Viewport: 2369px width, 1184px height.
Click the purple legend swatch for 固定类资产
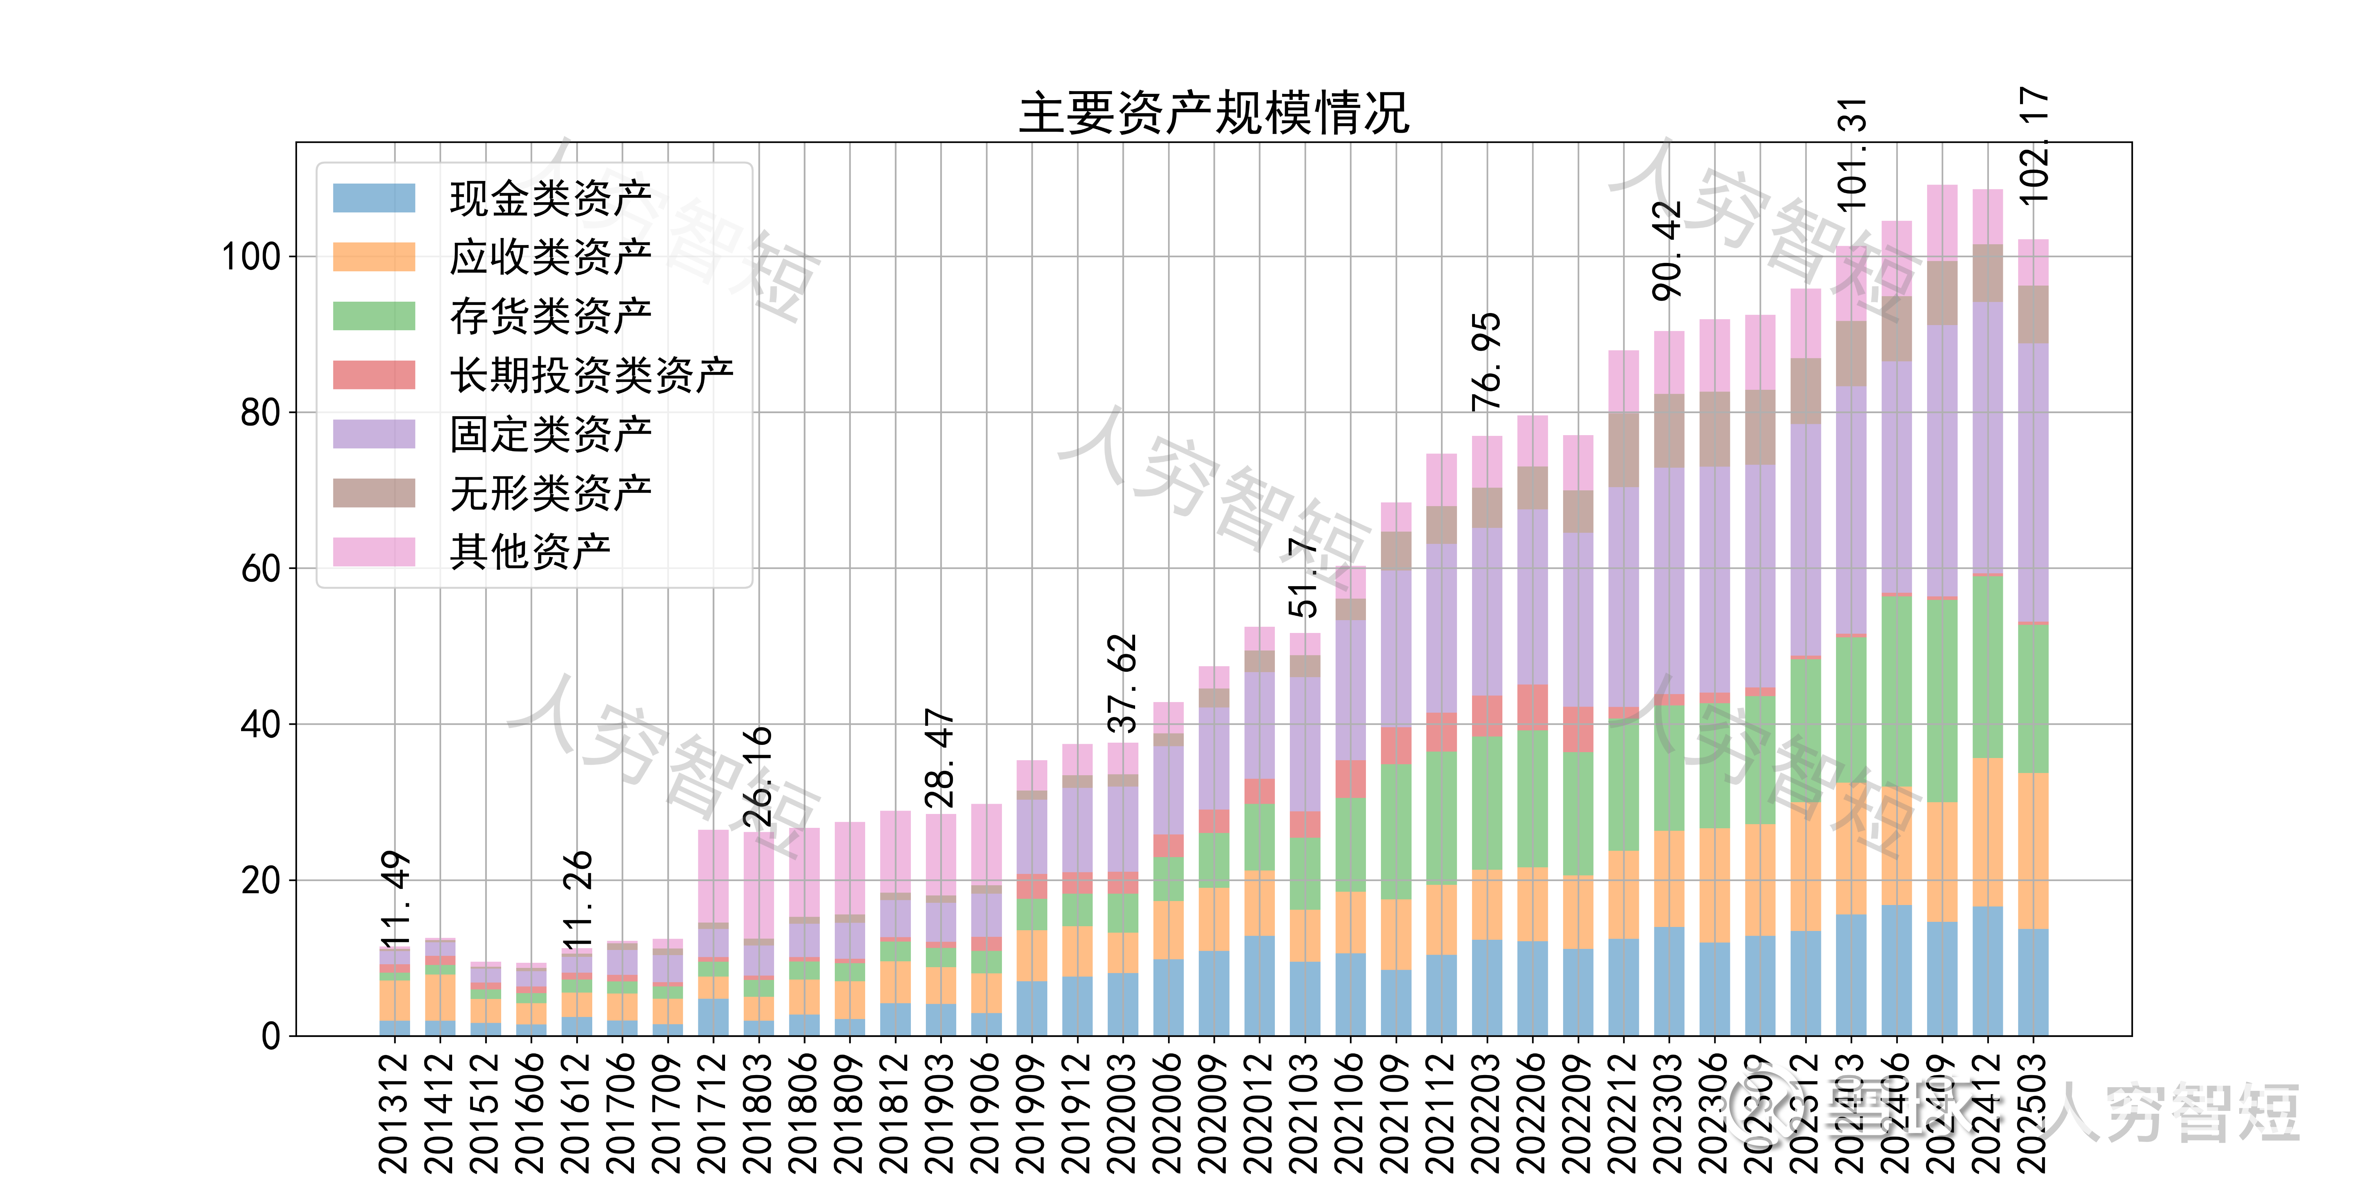point(373,434)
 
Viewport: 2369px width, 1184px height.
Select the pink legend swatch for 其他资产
point(373,551)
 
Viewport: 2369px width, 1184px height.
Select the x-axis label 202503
point(2033,1112)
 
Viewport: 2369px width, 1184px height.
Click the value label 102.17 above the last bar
point(2033,145)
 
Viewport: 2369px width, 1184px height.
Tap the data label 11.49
point(394,899)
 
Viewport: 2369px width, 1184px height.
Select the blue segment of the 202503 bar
point(2033,982)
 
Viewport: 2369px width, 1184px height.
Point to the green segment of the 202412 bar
point(1987,667)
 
